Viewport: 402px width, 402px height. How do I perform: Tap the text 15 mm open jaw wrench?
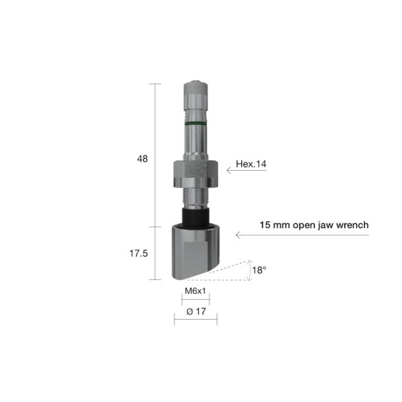(314, 225)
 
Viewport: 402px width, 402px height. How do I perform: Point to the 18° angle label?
(261, 270)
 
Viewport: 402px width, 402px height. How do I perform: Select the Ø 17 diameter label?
(195, 312)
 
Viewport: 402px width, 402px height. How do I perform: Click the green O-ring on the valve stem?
(195, 123)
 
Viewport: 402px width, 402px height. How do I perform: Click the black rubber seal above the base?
(195, 215)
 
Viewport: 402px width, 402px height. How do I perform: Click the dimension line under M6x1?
(195, 301)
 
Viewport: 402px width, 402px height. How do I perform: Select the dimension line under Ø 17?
(195, 322)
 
